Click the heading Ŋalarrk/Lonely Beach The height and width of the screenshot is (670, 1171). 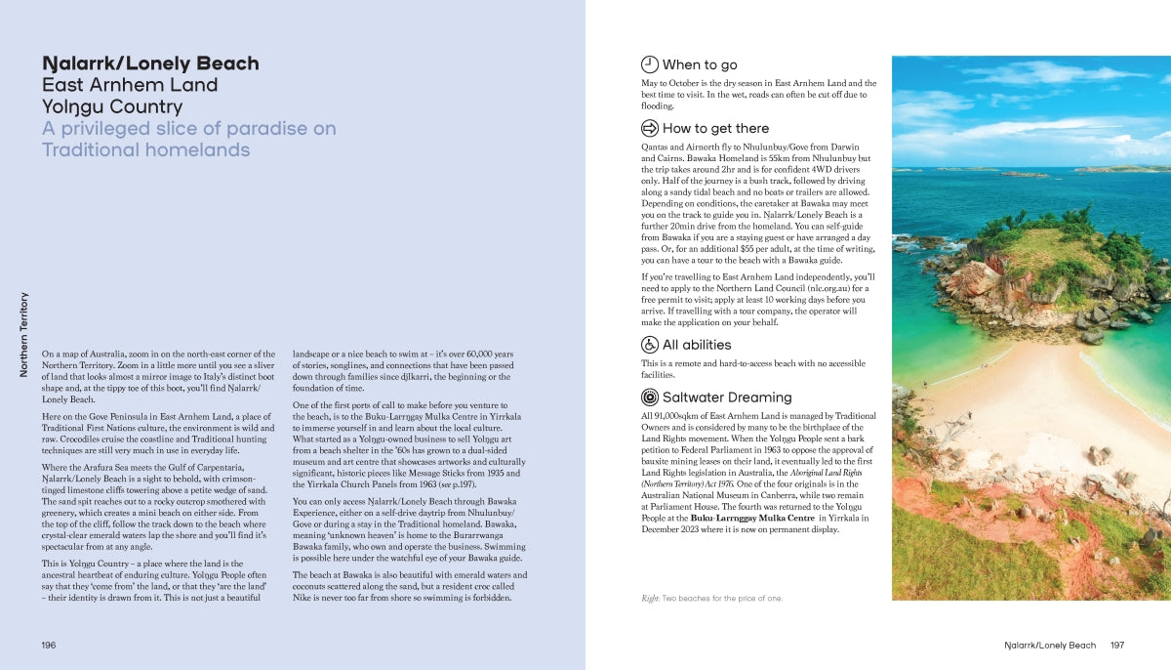(x=150, y=63)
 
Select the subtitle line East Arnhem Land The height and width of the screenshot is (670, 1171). (x=130, y=85)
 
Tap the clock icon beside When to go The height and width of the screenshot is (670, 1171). (x=650, y=64)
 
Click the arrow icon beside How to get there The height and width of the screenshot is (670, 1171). (x=650, y=128)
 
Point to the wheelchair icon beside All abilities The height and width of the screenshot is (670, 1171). (x=650, y=344)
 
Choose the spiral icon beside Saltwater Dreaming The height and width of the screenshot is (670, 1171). (x=650, y=397)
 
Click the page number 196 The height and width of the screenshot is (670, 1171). (x=49, y=646)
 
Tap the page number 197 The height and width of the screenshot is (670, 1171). (x=1117, y=646)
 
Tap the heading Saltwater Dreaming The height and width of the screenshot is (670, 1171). (x=726, y=398)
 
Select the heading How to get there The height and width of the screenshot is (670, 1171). (x=715, y=129)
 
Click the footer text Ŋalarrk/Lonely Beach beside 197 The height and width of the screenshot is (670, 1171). (x=1050, y=646)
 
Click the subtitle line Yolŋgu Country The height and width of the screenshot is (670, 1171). (x=111, y=106)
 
